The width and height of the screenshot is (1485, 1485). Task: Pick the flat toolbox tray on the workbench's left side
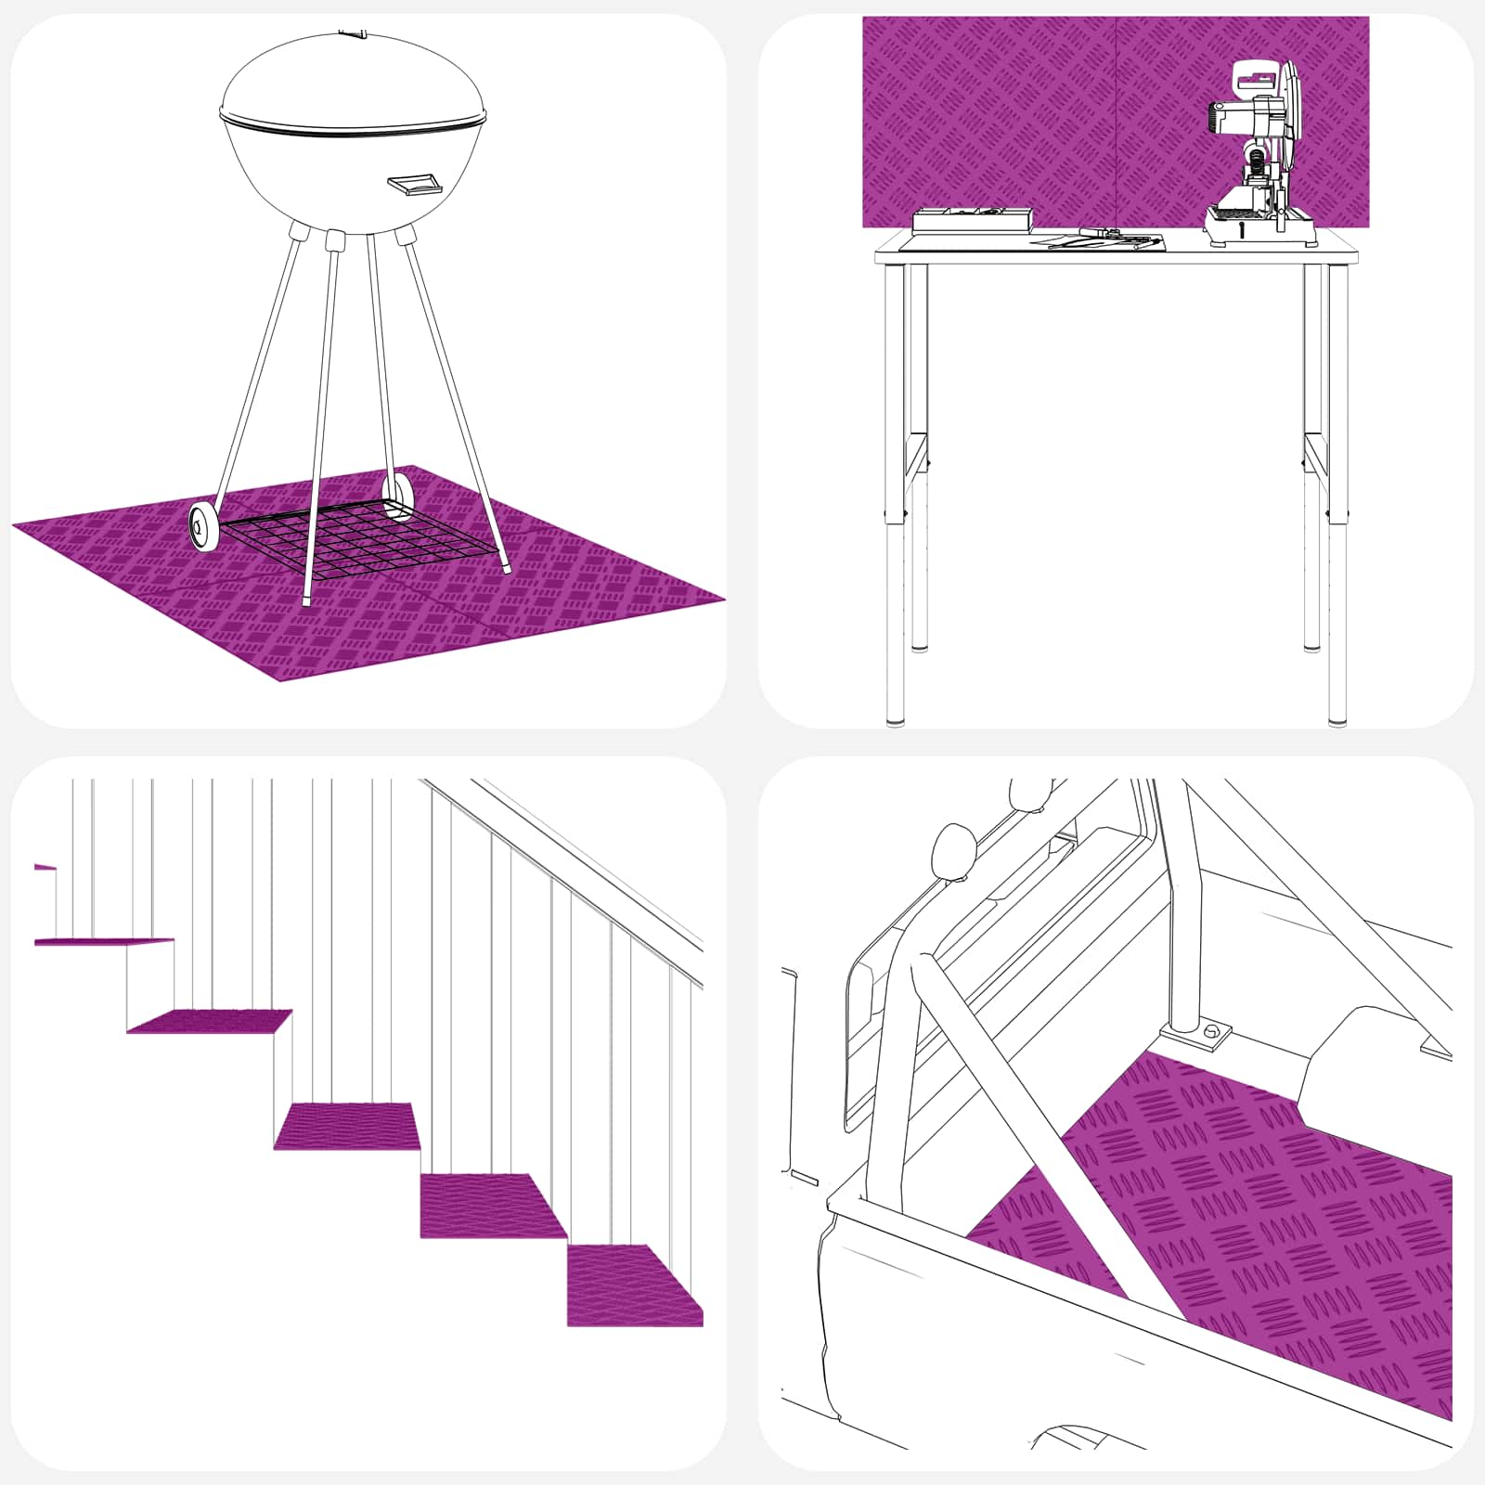pyautogui.click(x=971, y=220)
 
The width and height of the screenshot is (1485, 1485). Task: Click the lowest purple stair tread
pyautogui.click(x=633, y=1285)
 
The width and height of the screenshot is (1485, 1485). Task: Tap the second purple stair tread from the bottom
pyautogui.click(x=492, y=1205)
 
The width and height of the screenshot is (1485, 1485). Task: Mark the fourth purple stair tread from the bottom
pyautogui.click(x=212, y=1021)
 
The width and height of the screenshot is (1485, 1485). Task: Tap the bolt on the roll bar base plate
pyautogui.click(x=1211, y=1032)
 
